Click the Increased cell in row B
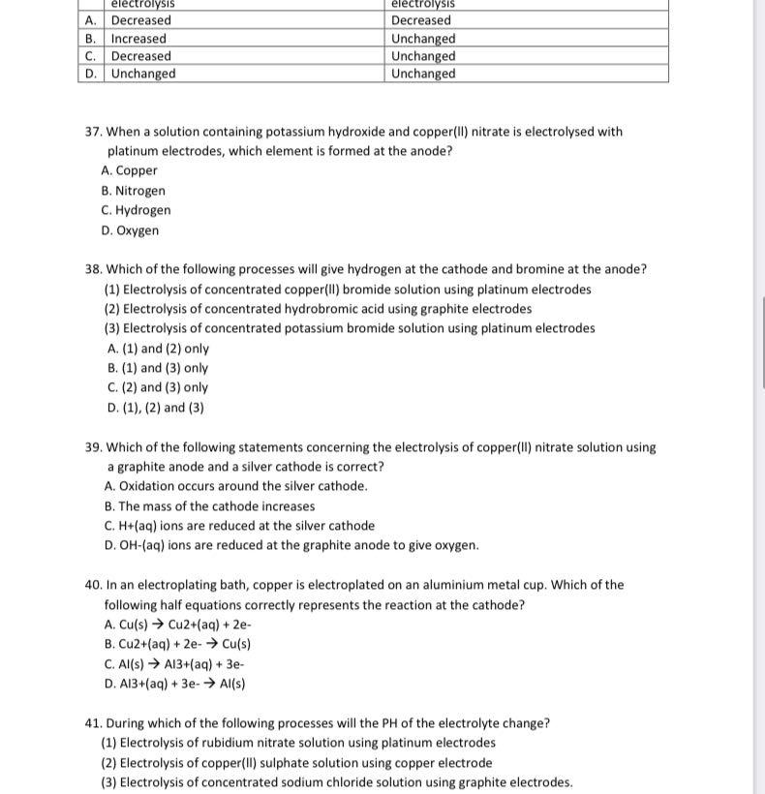pyautogui.click(x=138, y=39)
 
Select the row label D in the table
pyautogui.click(x=90, y=74)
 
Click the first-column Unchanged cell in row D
pyautogui.click(x=143, y=74)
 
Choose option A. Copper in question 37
pyautogui.click(x=129, y=170)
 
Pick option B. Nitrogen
pyautogui.click(x=133, y=191)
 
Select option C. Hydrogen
pyautogui.click(x=136, y=210)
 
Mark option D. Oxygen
pyautogui.click(x=130, y=230)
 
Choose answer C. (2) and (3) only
pyautogui.click(x=158, y=387)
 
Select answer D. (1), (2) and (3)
pyautogui.click(x=156, y=408)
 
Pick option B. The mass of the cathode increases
pyautogui.click(x=209, y=506)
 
